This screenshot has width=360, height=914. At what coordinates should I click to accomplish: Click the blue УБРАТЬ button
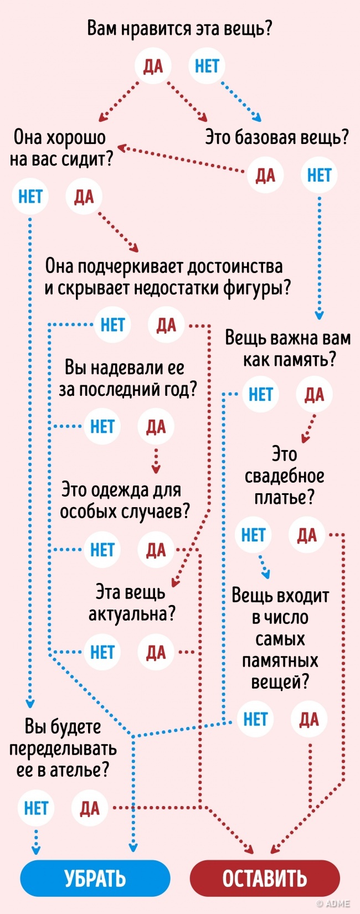(x=95, y=878)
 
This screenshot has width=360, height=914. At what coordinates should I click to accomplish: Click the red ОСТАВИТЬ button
(x=264, y=878)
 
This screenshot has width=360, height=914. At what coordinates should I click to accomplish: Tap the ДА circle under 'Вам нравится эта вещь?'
(x=153, y=66)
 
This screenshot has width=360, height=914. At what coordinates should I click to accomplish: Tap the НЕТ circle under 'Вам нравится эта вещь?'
(x=207, y=66)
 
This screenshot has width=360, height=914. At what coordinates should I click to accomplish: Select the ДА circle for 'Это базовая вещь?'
(x=265, y=175)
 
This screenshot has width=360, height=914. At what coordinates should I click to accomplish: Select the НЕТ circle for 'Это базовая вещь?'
(x=319, y=175)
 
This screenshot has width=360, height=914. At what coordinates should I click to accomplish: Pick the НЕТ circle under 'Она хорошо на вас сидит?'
(x=30, y=196)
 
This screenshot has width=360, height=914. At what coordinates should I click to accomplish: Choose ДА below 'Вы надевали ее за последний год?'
(x=156, y=426)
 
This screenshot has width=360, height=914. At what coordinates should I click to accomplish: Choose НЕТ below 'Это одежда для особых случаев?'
(x=102, y=550)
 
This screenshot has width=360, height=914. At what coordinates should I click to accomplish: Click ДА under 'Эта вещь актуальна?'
(x=156, y=652)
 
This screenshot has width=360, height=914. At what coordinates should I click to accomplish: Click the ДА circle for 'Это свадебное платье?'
(x=307, y=535)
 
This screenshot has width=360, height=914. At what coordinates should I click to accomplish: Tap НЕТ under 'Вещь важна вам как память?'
(x=260, y=394)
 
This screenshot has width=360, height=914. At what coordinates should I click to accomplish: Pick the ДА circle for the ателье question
(x=90, y=808)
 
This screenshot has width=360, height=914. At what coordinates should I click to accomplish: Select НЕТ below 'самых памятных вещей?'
(x=255, y=719)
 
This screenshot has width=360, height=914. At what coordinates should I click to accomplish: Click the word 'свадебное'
(x=284, y=476)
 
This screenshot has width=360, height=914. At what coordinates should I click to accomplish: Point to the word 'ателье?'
(x=79, y=770)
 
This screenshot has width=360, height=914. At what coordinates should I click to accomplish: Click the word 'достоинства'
(x=234, y=266)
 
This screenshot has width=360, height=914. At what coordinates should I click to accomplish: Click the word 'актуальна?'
(x=132, y=613)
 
